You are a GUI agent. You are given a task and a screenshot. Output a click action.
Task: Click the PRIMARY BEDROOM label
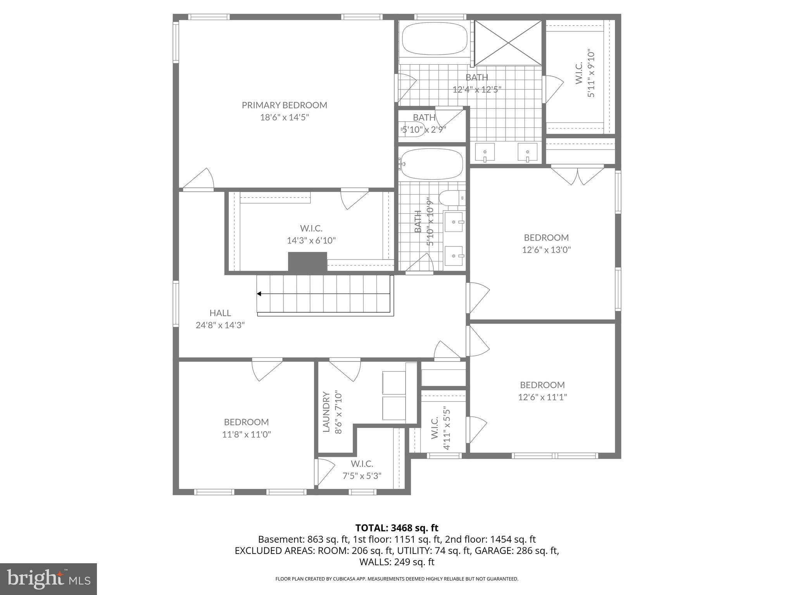click(x=284, y=105)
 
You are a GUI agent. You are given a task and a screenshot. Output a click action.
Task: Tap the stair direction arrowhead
click(x=259, y=294)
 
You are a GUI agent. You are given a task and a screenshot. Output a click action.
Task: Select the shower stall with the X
click(x=508, y=43)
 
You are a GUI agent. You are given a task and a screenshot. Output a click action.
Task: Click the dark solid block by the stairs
click(x=307, y=262)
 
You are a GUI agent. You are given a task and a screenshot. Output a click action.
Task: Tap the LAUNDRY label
click(x=326, y=412)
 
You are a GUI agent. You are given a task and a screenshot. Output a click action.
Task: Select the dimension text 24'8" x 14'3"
click(x=220, y=325)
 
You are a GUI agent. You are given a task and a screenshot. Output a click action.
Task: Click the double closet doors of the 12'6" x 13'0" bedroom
click(x=578, y=175)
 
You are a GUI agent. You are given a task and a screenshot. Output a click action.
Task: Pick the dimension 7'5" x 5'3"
click(x=362, y=476)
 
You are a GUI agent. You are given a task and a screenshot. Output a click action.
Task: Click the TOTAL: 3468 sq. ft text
click(x=397, y=528)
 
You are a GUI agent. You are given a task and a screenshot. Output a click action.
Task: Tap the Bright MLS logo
click(x=48, y=579)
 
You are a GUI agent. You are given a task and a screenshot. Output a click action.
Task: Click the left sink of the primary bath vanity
click(x=485, y=152)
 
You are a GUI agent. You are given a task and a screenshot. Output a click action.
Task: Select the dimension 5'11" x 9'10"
click(x=591, y=73)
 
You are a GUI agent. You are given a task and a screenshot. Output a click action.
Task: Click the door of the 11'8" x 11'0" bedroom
click(x=267, y=370)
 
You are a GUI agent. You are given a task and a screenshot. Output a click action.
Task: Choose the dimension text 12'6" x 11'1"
click(x=542, y=397)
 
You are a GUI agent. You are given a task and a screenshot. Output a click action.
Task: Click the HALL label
click(x=220, y=313)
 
